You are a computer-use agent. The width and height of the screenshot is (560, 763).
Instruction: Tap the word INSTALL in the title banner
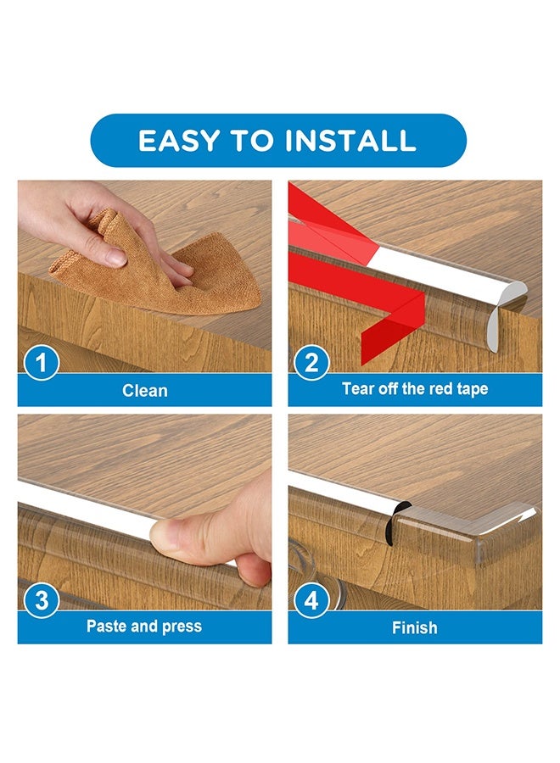[x=350, y=140]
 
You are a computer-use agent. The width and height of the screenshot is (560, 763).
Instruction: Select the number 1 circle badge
[x=42, y=363]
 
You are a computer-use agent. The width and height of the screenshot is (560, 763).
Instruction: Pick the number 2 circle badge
[x=311, y=363]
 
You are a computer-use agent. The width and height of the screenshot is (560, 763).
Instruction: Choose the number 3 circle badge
[x=42, y=600]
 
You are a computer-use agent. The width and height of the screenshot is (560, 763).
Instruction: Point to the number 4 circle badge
[x=311, y=600]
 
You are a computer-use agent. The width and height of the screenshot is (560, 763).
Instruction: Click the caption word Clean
[x=144, y=390]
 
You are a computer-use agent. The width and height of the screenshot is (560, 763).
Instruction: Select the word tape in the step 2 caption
[x=472, y=390]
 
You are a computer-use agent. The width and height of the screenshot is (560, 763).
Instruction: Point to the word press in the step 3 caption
[x=182, y=627]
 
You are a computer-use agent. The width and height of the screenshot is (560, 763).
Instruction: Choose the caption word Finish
[x=414, y=627]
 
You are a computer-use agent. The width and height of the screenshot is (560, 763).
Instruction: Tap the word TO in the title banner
[x=253, y=140]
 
